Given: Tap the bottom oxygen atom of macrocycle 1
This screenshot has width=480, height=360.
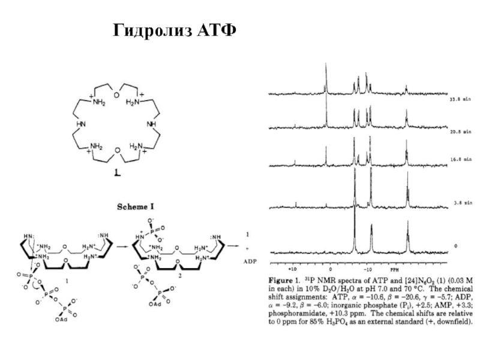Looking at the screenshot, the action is point(118,149).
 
